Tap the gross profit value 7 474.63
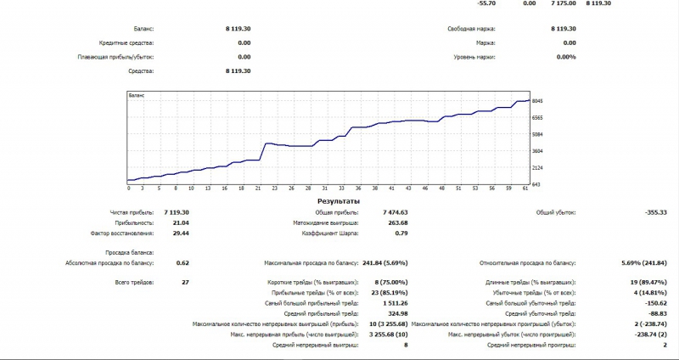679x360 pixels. point(392,211)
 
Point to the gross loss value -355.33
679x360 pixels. point(655,211)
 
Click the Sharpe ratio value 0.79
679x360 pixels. point(402,232)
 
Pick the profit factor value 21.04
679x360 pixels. point(180,222)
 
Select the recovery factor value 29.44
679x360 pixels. point(180,232)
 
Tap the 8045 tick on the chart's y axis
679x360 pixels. point(537,101)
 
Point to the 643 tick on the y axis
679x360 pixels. point(536,184)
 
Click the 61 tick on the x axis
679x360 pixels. point(524,188)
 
